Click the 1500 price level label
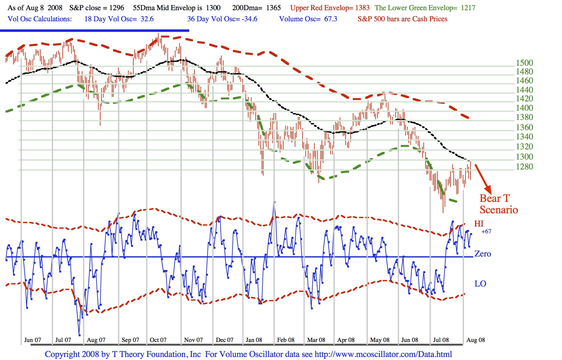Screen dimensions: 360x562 tap(524, 63)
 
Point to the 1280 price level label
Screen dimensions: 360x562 tap(524, 167)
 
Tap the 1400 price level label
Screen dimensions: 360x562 tap(524, 108)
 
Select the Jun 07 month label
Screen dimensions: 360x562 tap(32, 340)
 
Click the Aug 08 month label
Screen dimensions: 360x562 tap(476, 340)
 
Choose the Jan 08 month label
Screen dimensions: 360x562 tap(254, 340)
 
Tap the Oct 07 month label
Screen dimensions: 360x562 tap(158, 340)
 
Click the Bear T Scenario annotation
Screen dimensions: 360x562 tap(498, 204)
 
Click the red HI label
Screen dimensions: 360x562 tap(479, 223)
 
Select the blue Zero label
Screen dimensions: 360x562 tap(483, 254)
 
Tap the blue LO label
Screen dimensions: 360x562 tap(480, 284)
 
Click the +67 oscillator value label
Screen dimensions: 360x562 tap(486, 231)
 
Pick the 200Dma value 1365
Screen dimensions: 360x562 tap(273, 8)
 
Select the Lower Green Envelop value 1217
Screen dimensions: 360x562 tap(468, 8)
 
